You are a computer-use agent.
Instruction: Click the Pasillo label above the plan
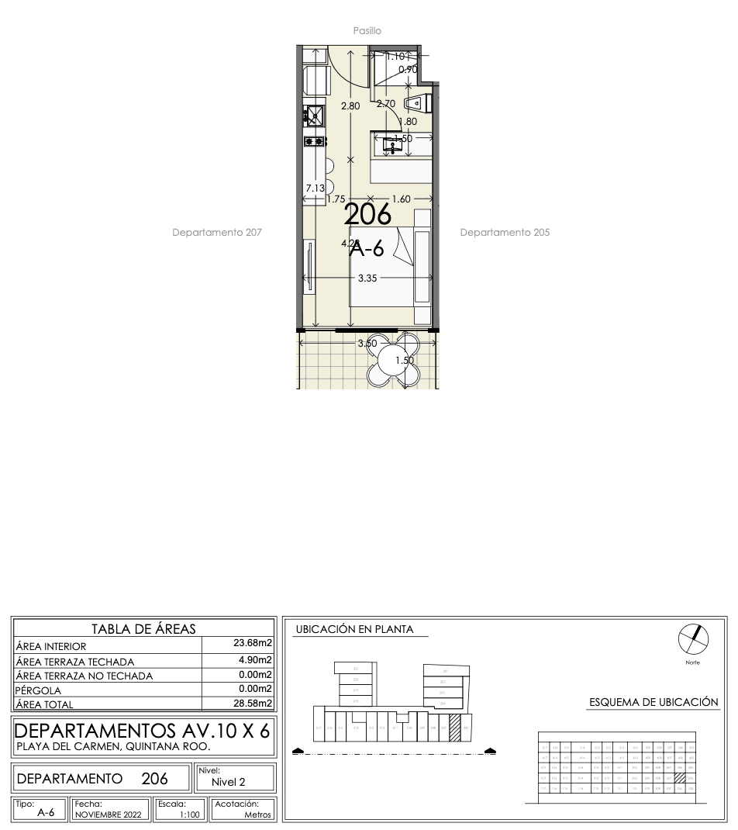tap(367, 30)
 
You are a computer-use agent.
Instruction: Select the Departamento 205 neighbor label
tap(505, 232)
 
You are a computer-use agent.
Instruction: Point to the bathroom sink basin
tap(393, 145)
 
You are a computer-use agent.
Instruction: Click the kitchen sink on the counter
tap(314, 117)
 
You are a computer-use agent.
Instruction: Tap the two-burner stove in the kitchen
tap(314, 141)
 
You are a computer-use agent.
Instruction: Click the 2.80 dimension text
tap(351, 105)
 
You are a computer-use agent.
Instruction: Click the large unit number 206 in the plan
tap(367, 214)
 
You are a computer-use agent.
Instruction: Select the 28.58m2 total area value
tap(253, 703)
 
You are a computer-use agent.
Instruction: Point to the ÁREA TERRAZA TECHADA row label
tap(75, 662)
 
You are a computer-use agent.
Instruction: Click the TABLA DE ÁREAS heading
tap(143, 628)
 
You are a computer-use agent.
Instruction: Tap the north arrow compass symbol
tap(695, 638)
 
